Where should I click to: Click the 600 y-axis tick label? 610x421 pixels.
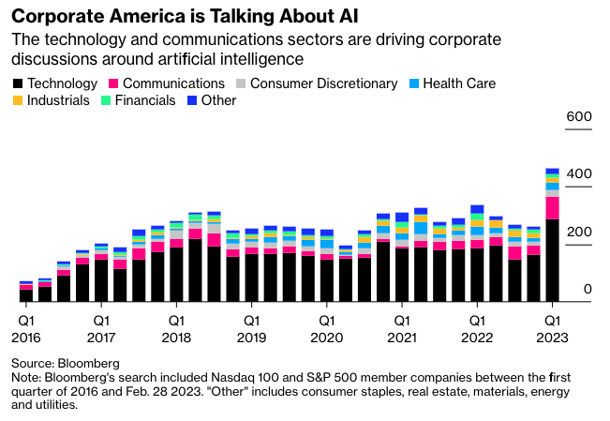point(579,116)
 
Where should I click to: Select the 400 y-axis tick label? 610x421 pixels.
point(579,174)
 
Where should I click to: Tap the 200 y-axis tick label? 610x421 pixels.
point(579,233)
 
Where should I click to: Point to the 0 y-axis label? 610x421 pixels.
point(588,290)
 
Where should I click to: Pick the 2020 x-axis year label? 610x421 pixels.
point(326,337)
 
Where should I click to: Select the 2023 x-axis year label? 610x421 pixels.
point(553,337)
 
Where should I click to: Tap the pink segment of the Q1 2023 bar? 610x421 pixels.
point(553,207)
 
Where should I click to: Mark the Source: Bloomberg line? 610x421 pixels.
point(66,362)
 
